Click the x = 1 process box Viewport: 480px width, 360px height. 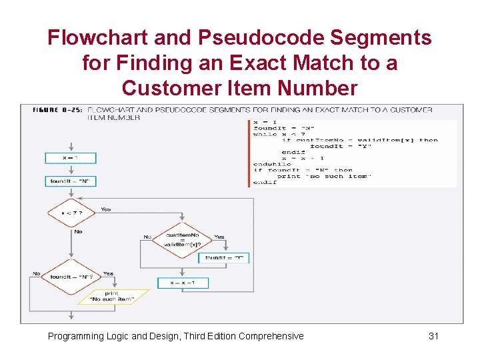tap(71, 158)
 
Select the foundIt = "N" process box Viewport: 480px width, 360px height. tap(71, 181)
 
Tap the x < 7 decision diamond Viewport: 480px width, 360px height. tap(71, 213)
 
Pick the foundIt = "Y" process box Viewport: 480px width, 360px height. tap(224, 258)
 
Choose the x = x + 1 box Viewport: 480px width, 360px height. tap(183, 283)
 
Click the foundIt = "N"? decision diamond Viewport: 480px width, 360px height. tap(71, 277)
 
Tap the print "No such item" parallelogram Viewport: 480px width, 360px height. tap(111, 297)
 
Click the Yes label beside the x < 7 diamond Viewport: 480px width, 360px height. tap(106, 209)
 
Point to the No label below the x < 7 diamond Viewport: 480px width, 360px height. tap(78, 232)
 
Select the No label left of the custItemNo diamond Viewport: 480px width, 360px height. tap(147, 237)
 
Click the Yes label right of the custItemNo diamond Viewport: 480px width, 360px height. tap(219, 237)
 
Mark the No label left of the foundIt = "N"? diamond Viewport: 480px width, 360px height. tap(37, 273)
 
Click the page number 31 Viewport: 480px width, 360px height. tap(433, 336)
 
